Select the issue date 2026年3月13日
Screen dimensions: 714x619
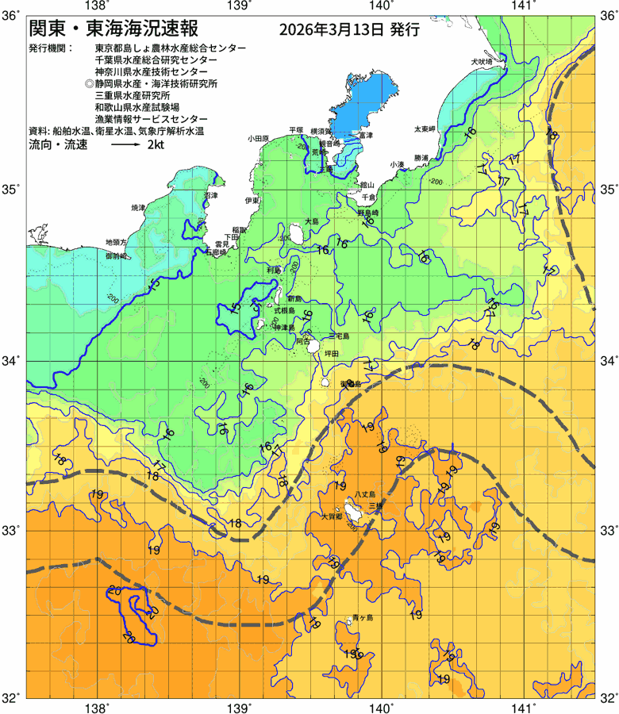point(332,31)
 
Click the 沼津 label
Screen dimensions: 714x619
point(210,195)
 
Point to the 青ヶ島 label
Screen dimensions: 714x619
point(363,617)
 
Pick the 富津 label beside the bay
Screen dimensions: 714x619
point(366,136)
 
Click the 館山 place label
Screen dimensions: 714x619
point(367,184)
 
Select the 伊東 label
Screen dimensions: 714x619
point(252,201)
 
